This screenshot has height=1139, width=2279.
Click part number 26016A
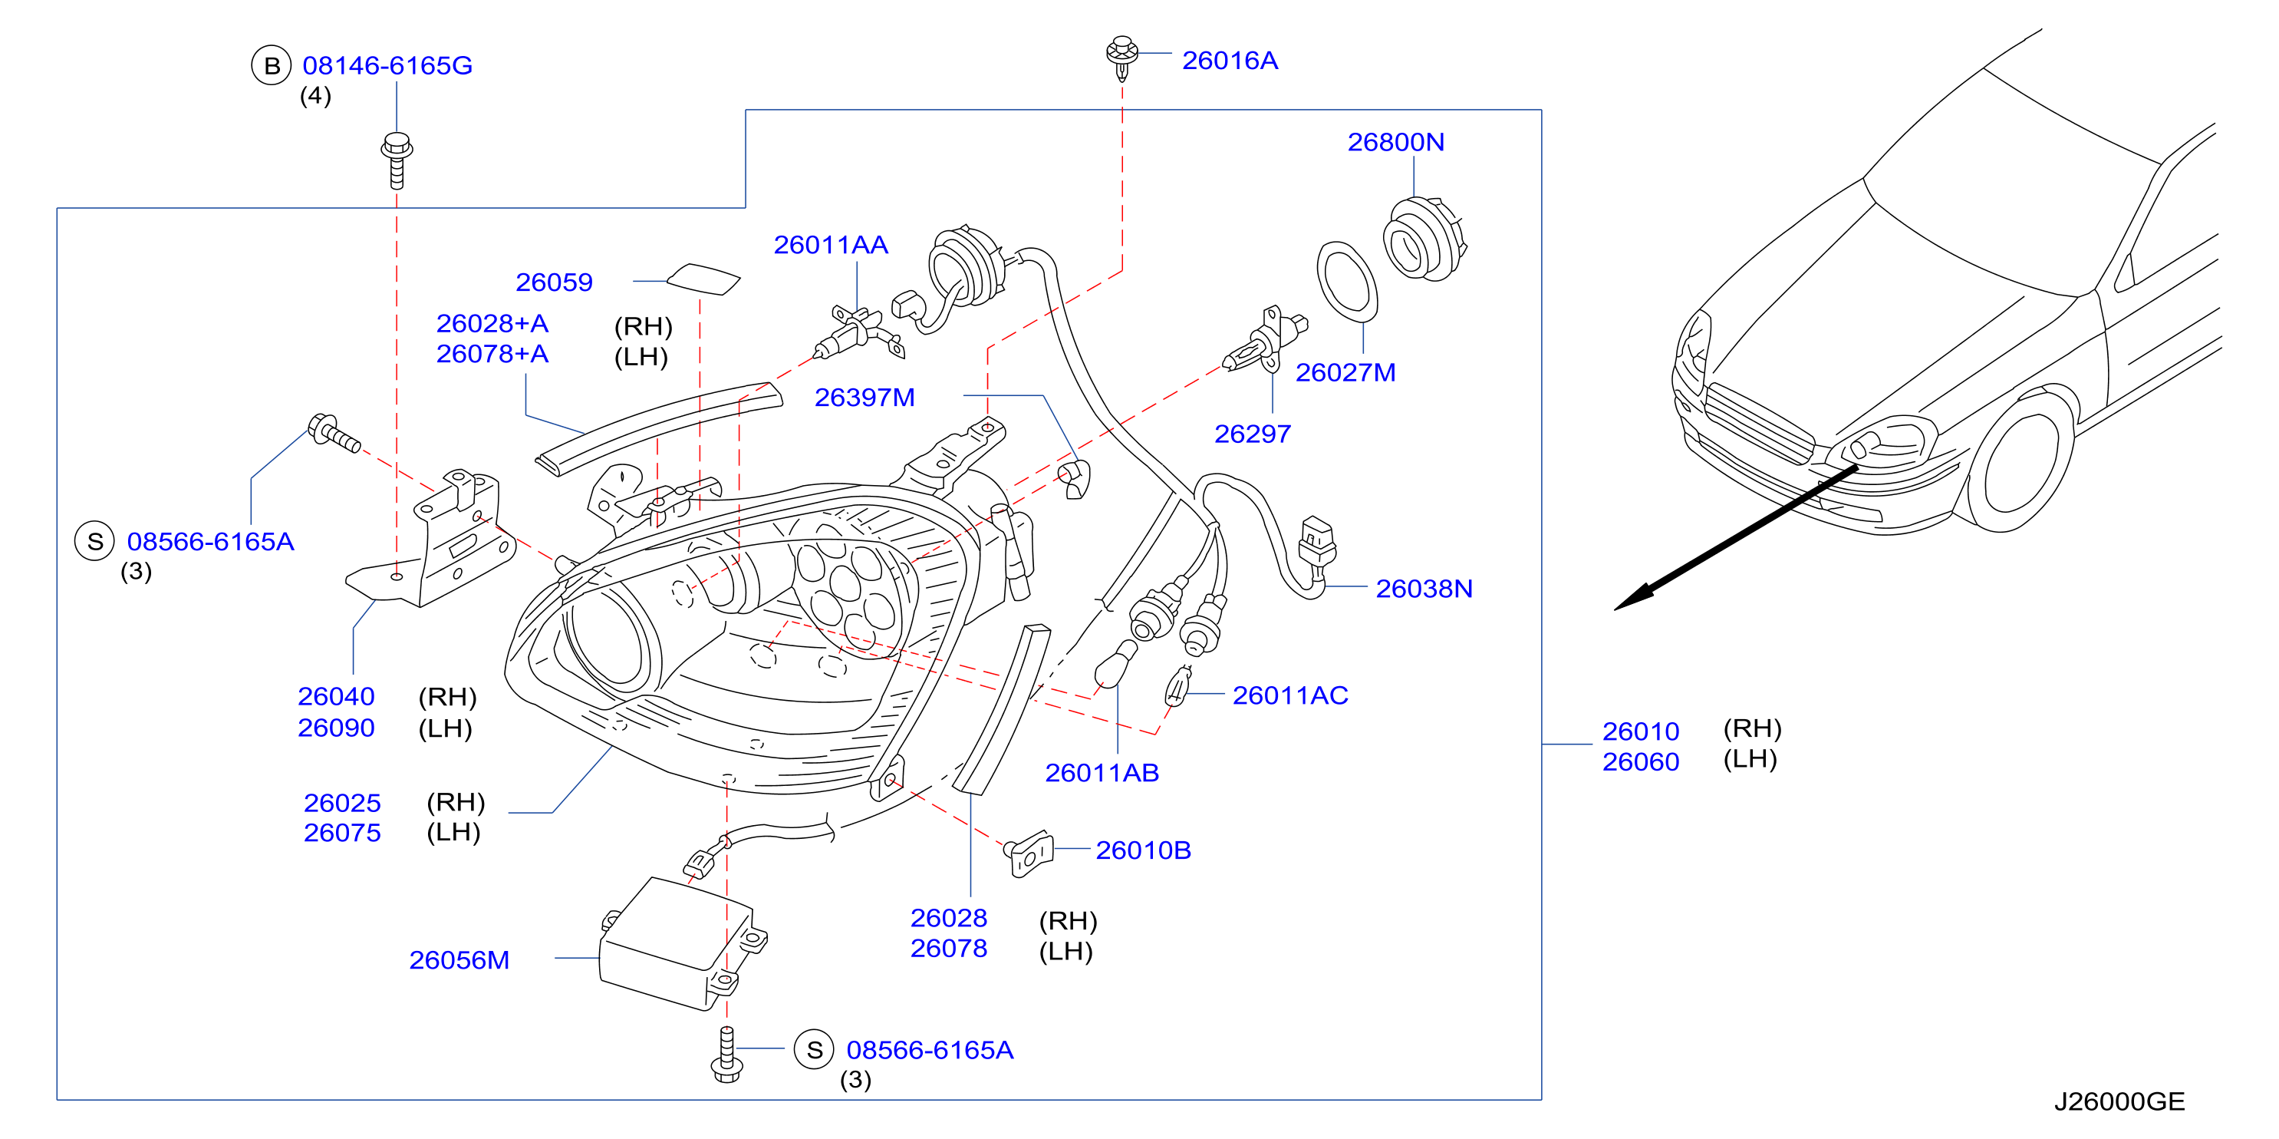tap(1230, 60)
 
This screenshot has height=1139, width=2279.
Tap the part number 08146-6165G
tap(387, 65)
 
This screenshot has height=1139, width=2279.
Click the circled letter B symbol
tap(272, 65)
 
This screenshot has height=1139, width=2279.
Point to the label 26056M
tap(459, 960)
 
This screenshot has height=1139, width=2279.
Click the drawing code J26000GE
tap(2119, 1102)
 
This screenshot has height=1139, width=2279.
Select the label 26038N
tap(1424, 589)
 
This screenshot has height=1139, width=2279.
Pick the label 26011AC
tap(1290, 695)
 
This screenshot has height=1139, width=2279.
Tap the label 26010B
tap(1143, 850)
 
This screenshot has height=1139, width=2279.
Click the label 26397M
tap(865, 398)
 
